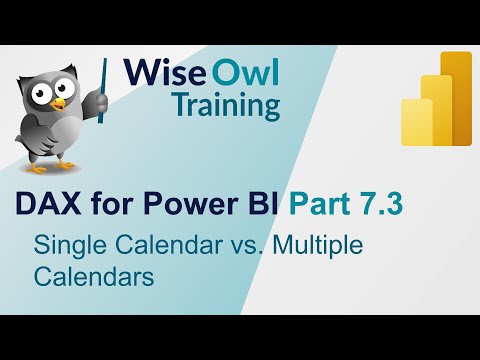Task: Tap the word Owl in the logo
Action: coord(244,72)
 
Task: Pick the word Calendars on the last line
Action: coord(92,276)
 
